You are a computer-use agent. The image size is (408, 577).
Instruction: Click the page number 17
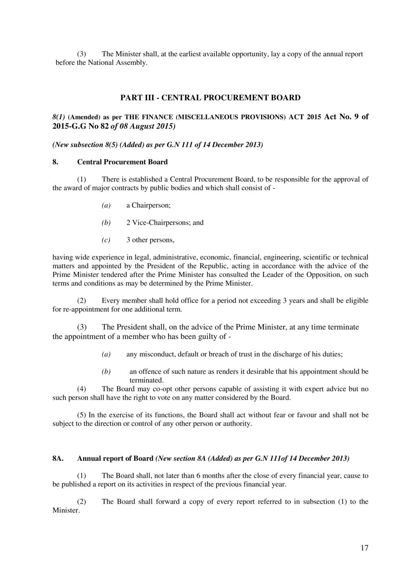[x=364, y=548]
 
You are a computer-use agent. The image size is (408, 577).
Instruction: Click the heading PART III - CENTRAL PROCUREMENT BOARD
[x=210, y=98]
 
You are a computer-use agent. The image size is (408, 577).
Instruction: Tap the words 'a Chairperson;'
[x=149, y=205]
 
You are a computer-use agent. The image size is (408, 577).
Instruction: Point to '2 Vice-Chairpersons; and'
[x=165, y=223]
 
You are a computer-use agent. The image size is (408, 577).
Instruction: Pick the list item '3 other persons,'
[x=150, y=240]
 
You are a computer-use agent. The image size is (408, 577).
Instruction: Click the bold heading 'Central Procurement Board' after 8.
[x=122, y=162]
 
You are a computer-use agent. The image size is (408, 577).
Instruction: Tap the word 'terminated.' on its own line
[x=146, y=380]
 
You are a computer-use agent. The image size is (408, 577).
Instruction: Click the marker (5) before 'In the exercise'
[x=82, y=415]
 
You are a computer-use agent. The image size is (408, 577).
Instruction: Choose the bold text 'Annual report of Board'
[x=115, y=458]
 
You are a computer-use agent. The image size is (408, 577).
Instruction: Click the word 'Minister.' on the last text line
[x=67, y=510]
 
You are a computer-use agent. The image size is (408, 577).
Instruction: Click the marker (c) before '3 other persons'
[x=106, y=240]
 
